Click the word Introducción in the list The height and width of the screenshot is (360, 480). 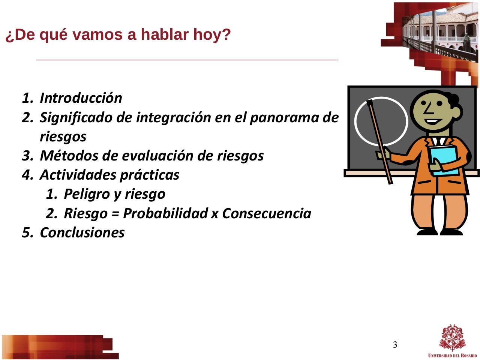coord(81,98)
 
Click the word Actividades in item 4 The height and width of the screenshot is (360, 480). coord(78,175)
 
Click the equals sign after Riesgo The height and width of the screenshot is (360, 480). coord(115,213)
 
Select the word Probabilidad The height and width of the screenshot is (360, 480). coord(165,213)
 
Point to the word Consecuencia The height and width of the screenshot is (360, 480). coord(267,213)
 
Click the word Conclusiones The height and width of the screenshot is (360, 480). coord(82,232)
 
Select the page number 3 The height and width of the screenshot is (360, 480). coord(395,345)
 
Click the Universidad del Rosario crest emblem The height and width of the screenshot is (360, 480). coord(452,338)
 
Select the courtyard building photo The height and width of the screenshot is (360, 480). coord(440,35)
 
